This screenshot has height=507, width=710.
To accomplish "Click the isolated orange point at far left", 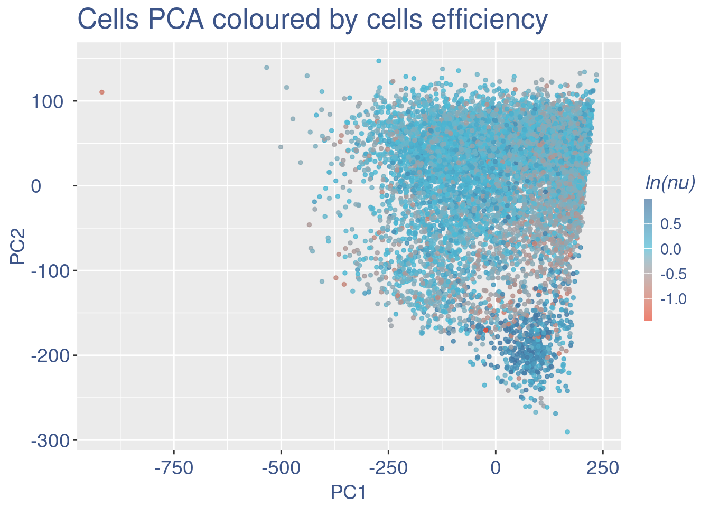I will (102, 92).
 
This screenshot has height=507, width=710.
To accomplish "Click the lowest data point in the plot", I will (567, 431).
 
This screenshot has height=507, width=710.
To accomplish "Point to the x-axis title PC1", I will (348, 493).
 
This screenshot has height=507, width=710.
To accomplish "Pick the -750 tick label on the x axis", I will (174, 468).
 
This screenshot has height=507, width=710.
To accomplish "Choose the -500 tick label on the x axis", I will (281, 468).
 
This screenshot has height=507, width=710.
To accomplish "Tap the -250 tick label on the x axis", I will (388, 468).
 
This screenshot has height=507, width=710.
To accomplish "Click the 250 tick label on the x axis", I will (603, 468).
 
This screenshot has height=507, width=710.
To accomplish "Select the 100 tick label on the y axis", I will (47, 101).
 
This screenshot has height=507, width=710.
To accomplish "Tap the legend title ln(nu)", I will (670, 183).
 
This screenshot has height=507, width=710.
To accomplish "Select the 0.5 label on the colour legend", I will (671, 224).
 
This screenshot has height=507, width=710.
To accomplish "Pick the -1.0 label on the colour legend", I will (673, 299).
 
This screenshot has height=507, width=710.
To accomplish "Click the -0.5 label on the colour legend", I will (673, 274).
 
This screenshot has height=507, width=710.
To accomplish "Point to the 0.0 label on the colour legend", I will (671, 249).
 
